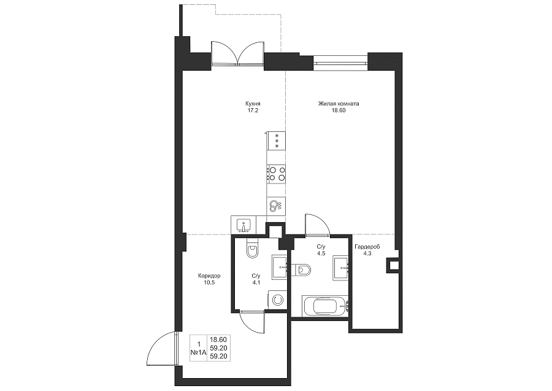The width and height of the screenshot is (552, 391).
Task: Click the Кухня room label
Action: [253, 104]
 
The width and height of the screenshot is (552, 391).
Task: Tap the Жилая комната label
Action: [339, 104]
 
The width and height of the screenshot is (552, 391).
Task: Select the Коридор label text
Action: [209, 276]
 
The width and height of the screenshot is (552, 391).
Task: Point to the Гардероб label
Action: [367, 247]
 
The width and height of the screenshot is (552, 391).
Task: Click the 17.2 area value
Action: [253, 110]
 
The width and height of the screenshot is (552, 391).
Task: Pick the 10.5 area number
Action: [209, 282]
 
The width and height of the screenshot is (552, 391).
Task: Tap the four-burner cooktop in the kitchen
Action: [277, 174]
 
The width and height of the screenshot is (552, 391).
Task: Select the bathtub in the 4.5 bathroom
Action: [325, 306]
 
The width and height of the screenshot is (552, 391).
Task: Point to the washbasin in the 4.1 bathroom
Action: [280, 267]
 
